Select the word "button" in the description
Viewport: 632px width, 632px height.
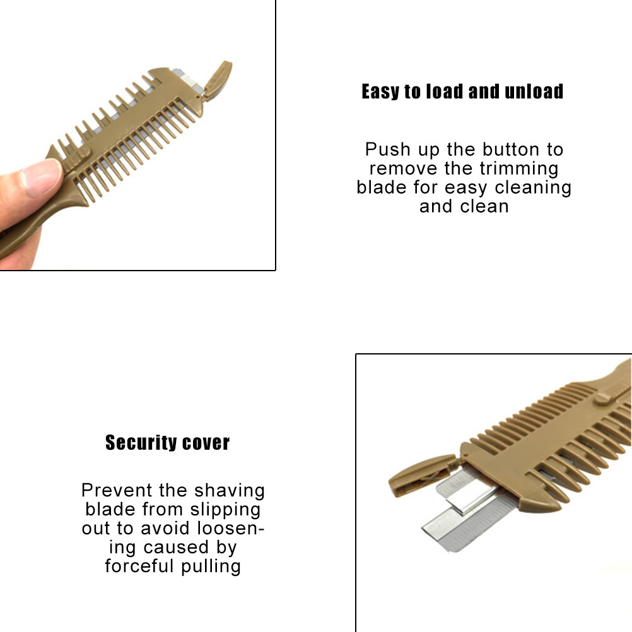tap(512, 149)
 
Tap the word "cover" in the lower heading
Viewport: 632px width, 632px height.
tap(206, 443)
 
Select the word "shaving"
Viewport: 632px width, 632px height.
tap(230, 491)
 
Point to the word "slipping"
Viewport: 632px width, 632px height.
tap(225, 510)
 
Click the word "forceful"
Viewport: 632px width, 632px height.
tap(139, 566)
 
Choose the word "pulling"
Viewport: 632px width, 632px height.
tap(211, 566)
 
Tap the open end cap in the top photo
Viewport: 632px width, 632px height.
tap(218, 79)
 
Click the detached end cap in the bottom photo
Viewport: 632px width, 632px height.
tap(421, 475)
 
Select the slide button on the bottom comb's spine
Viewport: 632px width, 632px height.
tap(604, 398)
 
